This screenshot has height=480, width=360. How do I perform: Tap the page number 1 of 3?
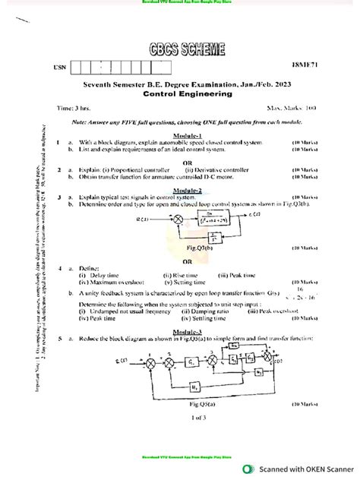click(x=180, y=417)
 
